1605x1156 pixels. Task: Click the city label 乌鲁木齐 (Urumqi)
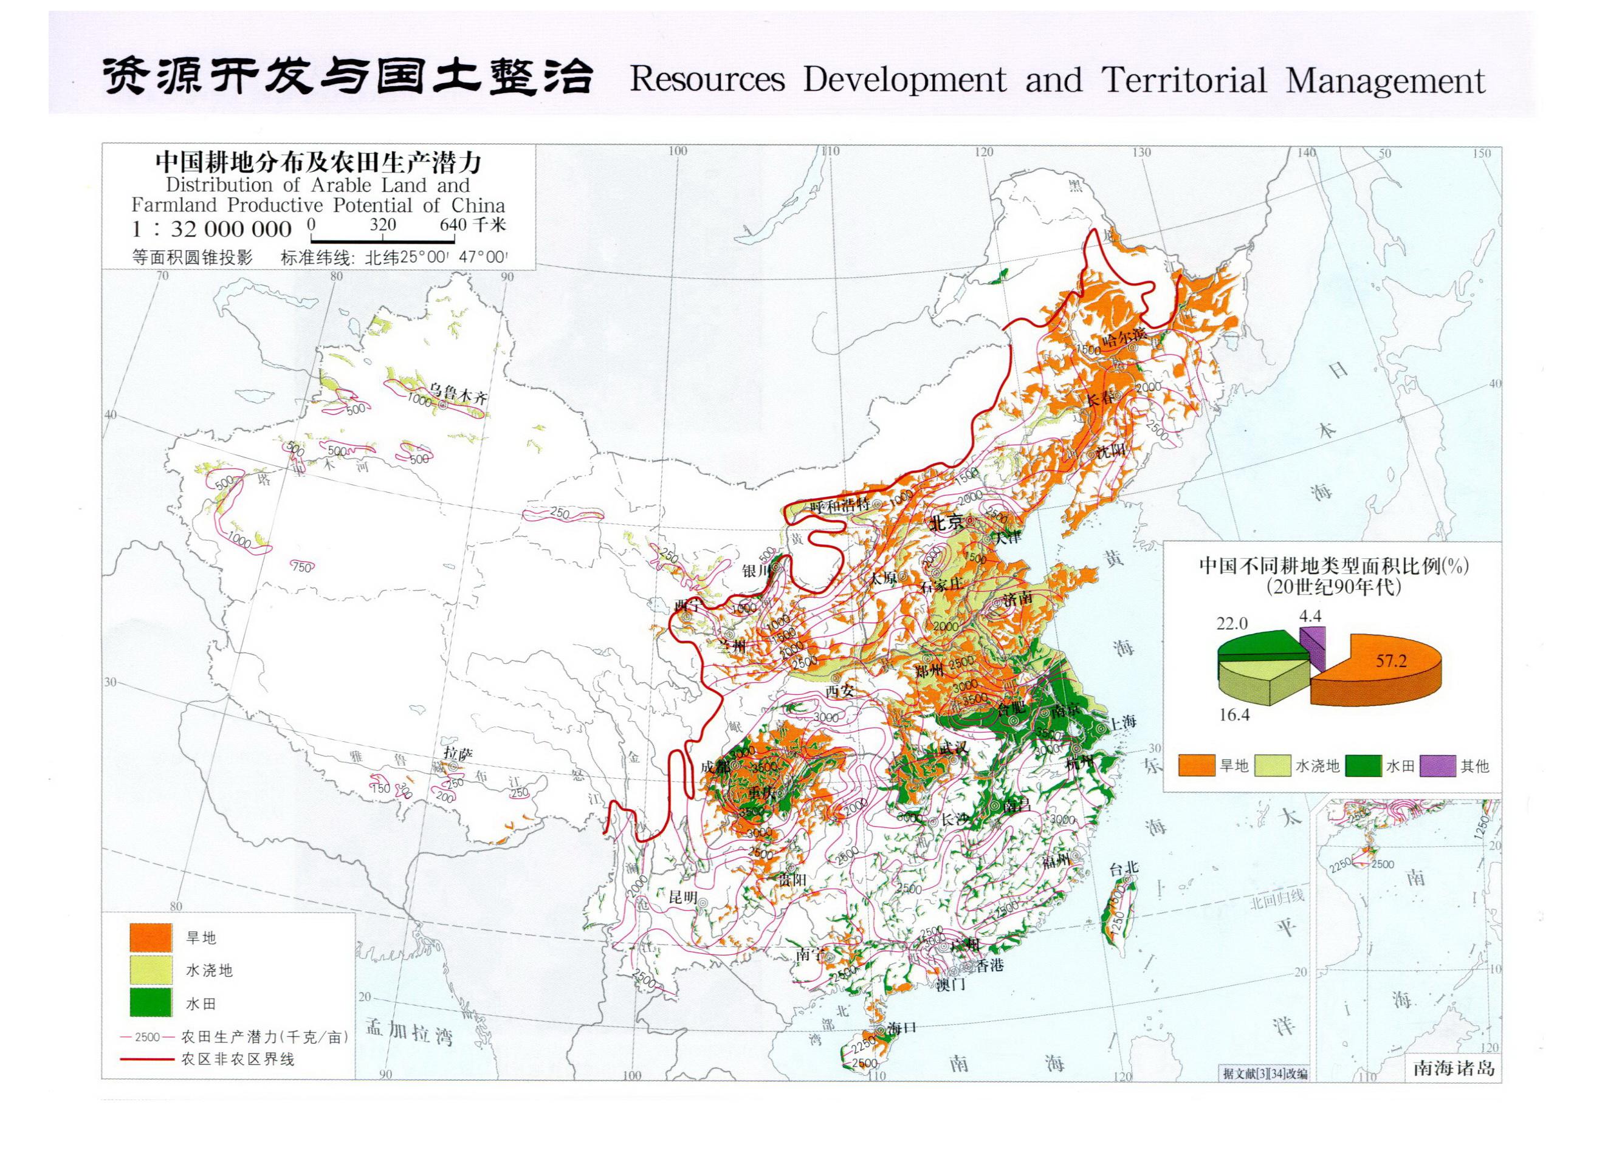459,394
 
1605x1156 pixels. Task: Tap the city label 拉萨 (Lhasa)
457,753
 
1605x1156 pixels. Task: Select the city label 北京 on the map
946,523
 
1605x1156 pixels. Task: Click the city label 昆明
683,897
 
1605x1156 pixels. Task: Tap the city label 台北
1123,869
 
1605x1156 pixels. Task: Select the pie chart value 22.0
1232,623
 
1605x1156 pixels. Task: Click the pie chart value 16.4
1234,715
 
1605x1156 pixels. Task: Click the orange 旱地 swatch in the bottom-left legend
151,937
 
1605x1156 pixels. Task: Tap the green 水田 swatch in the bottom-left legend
151,1002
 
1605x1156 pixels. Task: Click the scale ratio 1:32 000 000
211,229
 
